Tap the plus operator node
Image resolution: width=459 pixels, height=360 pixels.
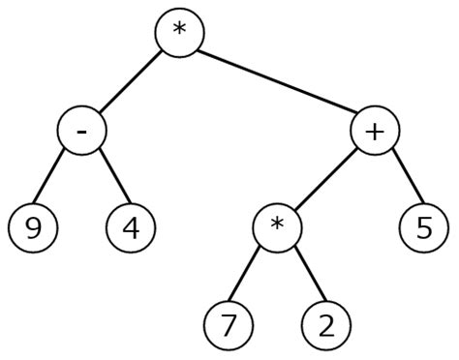[375, 130]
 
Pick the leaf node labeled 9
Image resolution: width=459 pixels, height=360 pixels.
[32, 229]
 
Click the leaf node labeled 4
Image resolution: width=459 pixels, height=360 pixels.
[130, 229]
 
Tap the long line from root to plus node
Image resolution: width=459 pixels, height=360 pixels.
[277, 80]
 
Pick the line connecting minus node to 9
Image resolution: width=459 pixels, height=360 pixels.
[56, 180]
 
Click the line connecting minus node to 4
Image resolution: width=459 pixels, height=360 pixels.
[106, 180]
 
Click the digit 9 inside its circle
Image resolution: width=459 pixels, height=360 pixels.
[32, 229]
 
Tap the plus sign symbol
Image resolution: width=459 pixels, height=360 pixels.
[375, 129]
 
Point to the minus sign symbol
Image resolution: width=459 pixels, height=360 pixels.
[81, 131]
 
